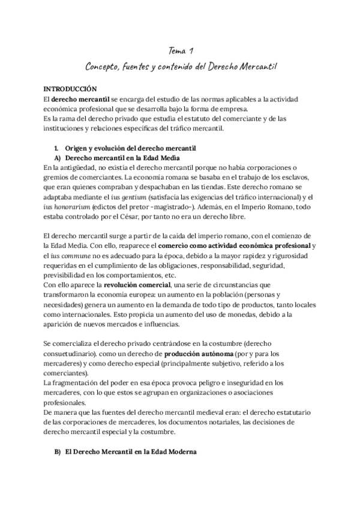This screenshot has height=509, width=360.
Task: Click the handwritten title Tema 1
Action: click(x=180, y=52)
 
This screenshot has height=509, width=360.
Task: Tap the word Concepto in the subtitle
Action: click(x=107, y=65)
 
